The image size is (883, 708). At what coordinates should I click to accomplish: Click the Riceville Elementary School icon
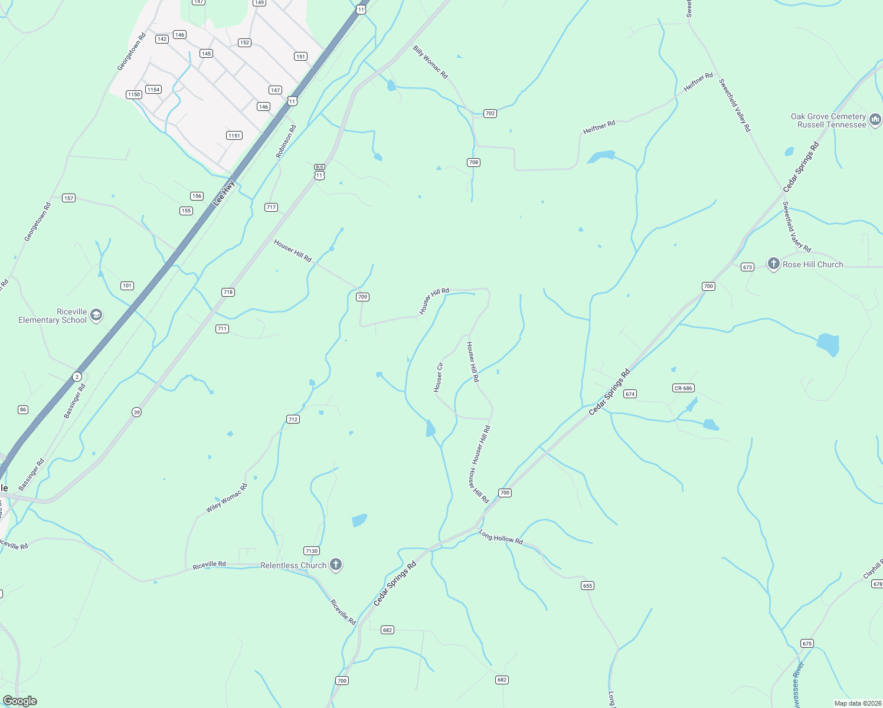96,315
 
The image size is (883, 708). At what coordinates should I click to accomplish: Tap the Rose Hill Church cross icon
774,264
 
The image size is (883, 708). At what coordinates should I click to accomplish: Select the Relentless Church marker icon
335,565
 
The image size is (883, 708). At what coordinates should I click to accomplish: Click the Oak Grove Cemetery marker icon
875,120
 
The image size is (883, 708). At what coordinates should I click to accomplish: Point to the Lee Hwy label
224,192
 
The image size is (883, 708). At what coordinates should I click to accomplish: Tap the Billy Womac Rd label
430,62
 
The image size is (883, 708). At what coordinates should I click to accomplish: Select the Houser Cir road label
438,378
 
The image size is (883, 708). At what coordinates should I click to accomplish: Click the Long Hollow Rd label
501,537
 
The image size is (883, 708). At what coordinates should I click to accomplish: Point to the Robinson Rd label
285,141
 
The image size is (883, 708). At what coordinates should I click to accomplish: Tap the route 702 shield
490,113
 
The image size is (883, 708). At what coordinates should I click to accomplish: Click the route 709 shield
363,297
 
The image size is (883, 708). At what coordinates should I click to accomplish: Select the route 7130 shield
312,550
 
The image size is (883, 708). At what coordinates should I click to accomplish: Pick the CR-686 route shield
683,388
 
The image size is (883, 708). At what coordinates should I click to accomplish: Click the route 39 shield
137,412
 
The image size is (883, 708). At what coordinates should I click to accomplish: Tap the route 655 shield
587,585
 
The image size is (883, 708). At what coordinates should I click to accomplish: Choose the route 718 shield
228,292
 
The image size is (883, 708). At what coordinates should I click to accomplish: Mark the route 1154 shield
153,90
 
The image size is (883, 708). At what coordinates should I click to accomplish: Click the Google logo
20,701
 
